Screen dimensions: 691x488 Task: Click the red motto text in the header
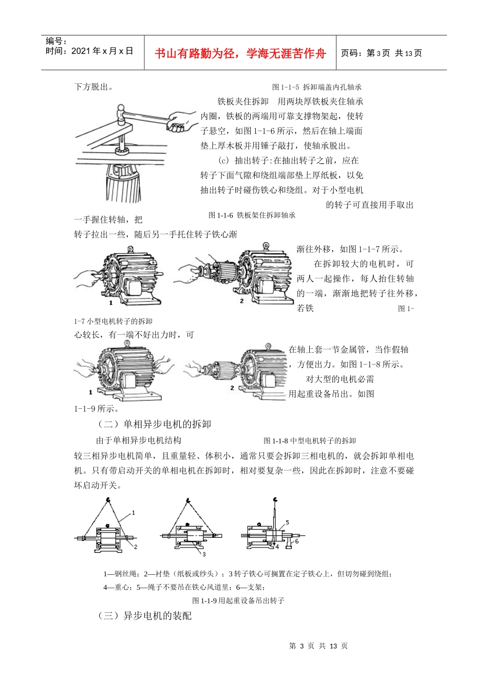(240, 53)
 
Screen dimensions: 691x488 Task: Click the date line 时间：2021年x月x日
(89, 51)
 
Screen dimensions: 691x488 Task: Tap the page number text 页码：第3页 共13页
(382, 53)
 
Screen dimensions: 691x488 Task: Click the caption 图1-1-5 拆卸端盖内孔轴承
(317, 87)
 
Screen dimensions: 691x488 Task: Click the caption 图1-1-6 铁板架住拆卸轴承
(252, 215)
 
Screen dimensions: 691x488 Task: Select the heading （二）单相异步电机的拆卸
(154, 425)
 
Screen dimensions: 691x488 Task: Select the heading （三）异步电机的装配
(144, 616)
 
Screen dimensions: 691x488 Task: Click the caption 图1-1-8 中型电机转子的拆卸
(309, 441)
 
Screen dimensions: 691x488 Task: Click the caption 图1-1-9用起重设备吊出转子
(238, 601)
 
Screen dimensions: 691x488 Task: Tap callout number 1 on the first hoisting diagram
(134, 513)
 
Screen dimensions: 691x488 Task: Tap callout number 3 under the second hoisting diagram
(204, 555)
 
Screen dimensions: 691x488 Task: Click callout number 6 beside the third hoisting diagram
(297, 541)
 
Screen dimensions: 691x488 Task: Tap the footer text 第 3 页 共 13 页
(318, 646)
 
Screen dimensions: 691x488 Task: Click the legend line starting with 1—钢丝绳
(248, 574)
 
